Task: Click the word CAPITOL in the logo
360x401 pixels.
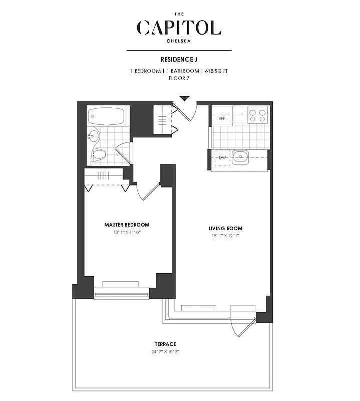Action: [179, 28]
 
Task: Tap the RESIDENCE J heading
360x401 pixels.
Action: [179, 59]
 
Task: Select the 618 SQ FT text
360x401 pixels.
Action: [216, 71]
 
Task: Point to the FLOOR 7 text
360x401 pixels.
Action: [179, 78]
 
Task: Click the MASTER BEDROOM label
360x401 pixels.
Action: [127, 225]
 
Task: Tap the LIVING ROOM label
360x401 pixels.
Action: [223, 228]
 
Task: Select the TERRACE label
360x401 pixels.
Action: [165, 344]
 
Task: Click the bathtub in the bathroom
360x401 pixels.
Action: [106, 118]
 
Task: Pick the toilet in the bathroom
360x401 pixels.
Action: [99, 154]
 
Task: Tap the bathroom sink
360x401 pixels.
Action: [93, 135]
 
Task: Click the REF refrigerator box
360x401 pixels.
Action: [221, 119]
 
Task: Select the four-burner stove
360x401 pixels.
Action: [257, 116]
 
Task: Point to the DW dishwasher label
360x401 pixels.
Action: [222, 158]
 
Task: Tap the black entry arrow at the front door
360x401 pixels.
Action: [184, 99]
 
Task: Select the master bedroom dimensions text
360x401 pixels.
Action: [127, 233]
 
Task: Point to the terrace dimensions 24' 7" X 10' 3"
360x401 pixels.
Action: [165, 351]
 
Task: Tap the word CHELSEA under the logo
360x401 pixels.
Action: [179, 42]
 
